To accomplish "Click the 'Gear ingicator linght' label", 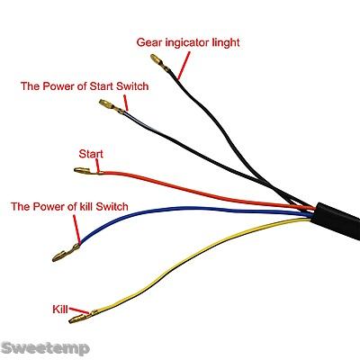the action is tap(188, 42).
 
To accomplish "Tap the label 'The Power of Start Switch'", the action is tap(85, 86).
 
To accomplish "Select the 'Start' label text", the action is tap(91, 154).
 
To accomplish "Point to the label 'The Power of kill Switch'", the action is tap(69, 206).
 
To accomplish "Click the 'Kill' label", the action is tap(60, 310).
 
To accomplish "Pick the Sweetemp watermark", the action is tap(46, 348).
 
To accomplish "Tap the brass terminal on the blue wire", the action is tap(66, 253).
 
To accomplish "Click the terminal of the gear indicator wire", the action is tap(160, 63).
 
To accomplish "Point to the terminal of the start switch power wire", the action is tap(112, 106).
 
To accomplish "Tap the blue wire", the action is tap(186, 209).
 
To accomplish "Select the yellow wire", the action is tap(180, 264).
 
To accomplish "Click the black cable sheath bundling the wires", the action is tap(336, 220).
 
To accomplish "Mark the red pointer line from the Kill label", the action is tap(79, 310).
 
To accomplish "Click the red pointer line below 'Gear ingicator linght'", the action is tap(184, 66).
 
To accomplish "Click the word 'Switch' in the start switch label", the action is tap(132, 86).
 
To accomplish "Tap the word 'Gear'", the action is tap(148, 42).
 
